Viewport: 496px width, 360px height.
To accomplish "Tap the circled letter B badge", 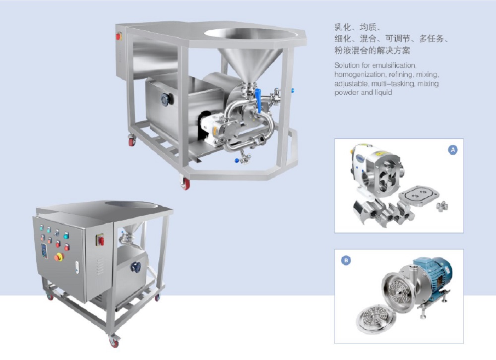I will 345,260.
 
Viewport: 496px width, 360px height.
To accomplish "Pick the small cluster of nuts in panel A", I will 441,206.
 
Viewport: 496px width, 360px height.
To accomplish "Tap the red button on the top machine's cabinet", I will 119,36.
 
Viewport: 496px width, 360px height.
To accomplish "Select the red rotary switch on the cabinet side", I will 101,241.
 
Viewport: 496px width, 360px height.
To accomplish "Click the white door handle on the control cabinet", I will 76,266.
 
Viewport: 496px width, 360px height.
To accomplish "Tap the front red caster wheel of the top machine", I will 186,184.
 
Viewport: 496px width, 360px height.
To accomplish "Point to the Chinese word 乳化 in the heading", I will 343,28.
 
